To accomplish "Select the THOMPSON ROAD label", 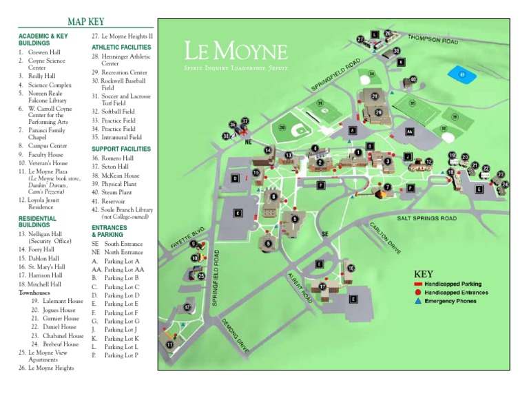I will coord(433,41).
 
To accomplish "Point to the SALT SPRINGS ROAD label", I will coord(426,218).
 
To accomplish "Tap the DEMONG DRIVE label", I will coord(234,335).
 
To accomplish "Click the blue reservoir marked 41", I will coord(460,74).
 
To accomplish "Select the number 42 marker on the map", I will coord(187,307).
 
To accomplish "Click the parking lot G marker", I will coord(479,189).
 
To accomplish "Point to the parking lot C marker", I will coord(238,213).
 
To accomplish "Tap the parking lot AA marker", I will coord(410,132).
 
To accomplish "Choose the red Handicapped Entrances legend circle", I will coord(418,293).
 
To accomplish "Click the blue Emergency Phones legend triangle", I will coord(418,301).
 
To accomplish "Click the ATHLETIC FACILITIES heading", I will coord(121,47).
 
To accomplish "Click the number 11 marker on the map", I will coord(169,344).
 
